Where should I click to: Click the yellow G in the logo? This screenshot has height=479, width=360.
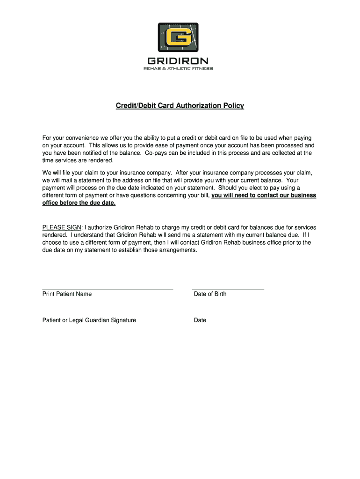pyautogui.click(x=178, y=37)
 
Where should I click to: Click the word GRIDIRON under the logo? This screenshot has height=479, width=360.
pyautogui.click(x=178, y=61)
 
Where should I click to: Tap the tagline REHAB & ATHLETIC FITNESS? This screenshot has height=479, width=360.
pyautogui.click(x=178, y=69)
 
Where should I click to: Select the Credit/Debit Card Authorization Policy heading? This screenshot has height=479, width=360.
pyautogui.click(x=180, y=106)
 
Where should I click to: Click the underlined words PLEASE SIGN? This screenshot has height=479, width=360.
pyautogui.click(x=62, y=228)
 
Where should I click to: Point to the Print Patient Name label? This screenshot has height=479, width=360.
pyautogui.click(x=67, y=294)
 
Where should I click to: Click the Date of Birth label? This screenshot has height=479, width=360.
pyautogui.click(x=210, y=294)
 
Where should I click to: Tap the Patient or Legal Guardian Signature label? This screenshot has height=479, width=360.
pyautogui.click(x=89, y=320)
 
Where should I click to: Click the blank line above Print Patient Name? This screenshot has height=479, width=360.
pyautogui.click(x=108, y=290)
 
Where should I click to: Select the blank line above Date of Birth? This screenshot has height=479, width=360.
pyautogui.click(x=228, y=290)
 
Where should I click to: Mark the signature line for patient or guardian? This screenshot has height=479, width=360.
pyautogui.click(x=108, y=316)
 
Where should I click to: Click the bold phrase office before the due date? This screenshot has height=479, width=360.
pyautogui.click(x=79, y=203)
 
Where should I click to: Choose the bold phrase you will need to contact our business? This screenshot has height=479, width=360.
pyautogui.click(x=264, y=196)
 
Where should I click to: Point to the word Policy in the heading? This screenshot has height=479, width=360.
pyautogui.click(x=233, y=106)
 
